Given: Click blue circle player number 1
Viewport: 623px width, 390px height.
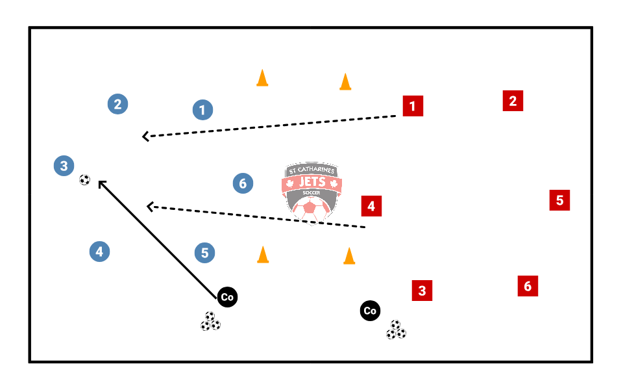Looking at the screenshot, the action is point(202,110).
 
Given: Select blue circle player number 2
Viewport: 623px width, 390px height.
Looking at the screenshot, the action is point(117,104).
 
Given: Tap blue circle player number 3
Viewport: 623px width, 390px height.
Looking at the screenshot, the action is point(64,166).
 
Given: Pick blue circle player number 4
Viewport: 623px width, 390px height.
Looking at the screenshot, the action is point(99,252).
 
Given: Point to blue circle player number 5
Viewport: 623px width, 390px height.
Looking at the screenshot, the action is point(204,253).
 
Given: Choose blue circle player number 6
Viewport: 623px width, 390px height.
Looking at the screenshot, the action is point(243,183).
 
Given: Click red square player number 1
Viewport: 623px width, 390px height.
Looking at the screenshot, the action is point(413,106).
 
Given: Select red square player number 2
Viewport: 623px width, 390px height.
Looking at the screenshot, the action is point(513,101).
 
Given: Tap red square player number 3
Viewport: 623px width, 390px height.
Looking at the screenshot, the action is point(422,291).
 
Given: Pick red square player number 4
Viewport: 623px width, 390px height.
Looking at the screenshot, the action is point(371,206).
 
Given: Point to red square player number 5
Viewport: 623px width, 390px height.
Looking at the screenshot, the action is point(559,200).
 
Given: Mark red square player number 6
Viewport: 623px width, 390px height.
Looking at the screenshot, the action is point(528,286).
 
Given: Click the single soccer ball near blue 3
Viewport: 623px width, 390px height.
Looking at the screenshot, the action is point(84,180).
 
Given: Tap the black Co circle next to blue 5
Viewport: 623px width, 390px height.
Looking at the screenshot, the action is point(227,297).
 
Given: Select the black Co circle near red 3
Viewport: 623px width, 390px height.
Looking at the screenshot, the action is point(370,311).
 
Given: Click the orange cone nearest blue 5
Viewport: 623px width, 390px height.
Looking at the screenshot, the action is point(263,255).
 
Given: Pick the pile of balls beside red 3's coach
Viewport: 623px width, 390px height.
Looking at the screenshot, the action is point(396,330).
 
